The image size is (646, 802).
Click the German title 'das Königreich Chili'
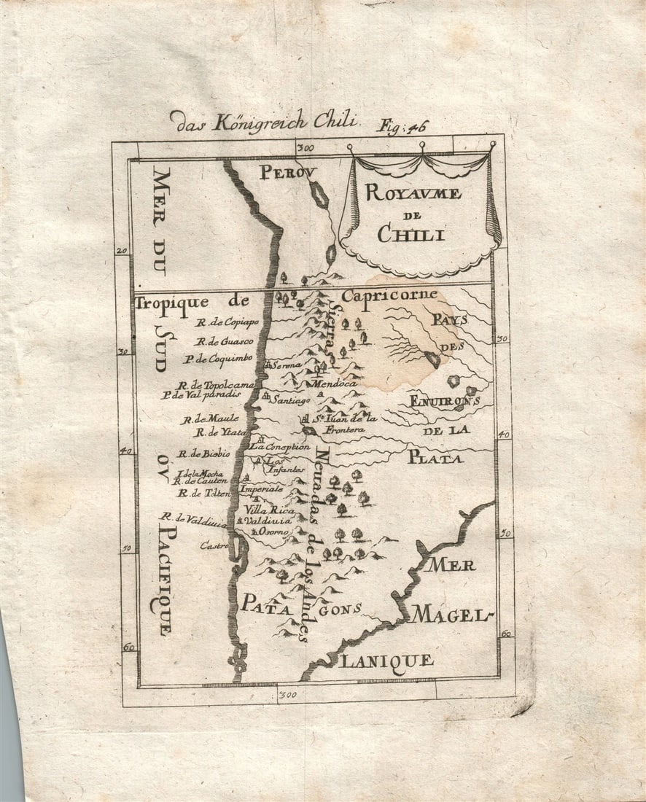(263, 120)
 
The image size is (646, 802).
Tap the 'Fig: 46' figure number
(400, 126)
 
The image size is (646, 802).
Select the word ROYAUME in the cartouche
(413, 193)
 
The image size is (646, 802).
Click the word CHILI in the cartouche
(413, 234)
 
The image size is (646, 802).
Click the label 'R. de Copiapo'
(227, 322)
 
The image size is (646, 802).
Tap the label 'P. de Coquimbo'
(218, 358)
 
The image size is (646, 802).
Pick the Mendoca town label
(334, 384)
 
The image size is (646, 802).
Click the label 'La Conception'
(281, 447)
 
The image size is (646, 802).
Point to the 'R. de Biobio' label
(202, 453)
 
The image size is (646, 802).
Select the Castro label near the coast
(214, 545)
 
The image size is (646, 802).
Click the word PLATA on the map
(435, 458)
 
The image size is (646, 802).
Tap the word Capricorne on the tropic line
(389, 295)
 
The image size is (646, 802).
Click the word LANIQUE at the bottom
(387, 661)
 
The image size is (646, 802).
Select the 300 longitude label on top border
(306, 148)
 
